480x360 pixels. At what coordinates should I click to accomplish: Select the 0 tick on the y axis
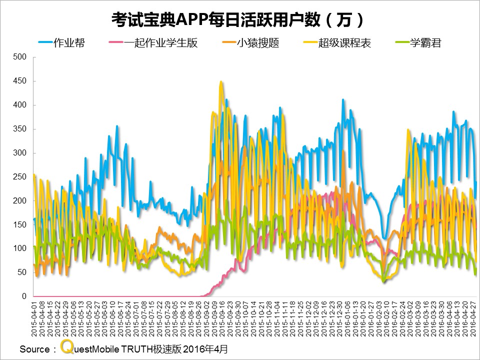click(23, 296)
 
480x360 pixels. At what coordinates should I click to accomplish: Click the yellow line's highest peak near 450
click(221, 82)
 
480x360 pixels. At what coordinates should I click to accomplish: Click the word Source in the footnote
click(34, 349)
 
